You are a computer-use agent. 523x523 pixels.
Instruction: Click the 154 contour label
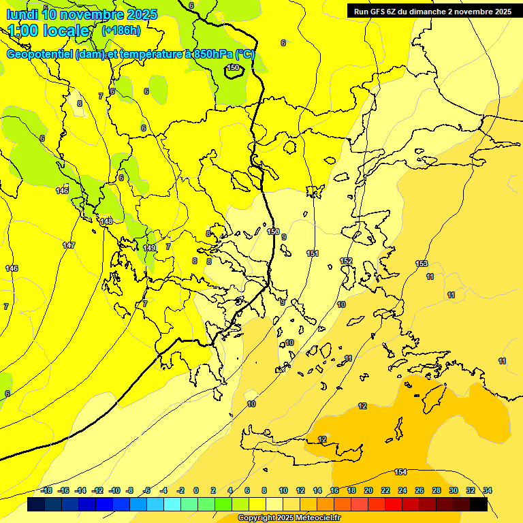tap(400, 472)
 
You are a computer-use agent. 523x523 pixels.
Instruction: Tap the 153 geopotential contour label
tap(422, 264)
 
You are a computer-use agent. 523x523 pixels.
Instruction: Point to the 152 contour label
tap(346, 261)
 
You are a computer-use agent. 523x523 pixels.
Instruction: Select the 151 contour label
tap(313, 253)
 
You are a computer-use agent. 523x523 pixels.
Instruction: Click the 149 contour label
tap(149, 248)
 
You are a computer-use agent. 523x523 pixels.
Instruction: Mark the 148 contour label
tap(106, 221)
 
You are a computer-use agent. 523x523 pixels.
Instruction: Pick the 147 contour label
tap(69, 245)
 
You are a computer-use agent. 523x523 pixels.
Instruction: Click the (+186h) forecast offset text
tap(121, 31)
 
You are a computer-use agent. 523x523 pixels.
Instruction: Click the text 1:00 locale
tap(49, 31)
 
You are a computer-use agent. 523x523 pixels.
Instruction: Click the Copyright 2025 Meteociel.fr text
tap(289, 518)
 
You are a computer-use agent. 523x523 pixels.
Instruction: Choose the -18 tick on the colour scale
tap(46, 490)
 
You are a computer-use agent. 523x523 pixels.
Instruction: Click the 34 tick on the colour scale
tap(488, 490)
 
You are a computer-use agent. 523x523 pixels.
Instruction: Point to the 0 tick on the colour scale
tap(196, 490)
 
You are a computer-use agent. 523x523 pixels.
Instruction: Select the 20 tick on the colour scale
tap(368, 490)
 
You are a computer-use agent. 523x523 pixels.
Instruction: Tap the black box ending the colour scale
tap(479, 505)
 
